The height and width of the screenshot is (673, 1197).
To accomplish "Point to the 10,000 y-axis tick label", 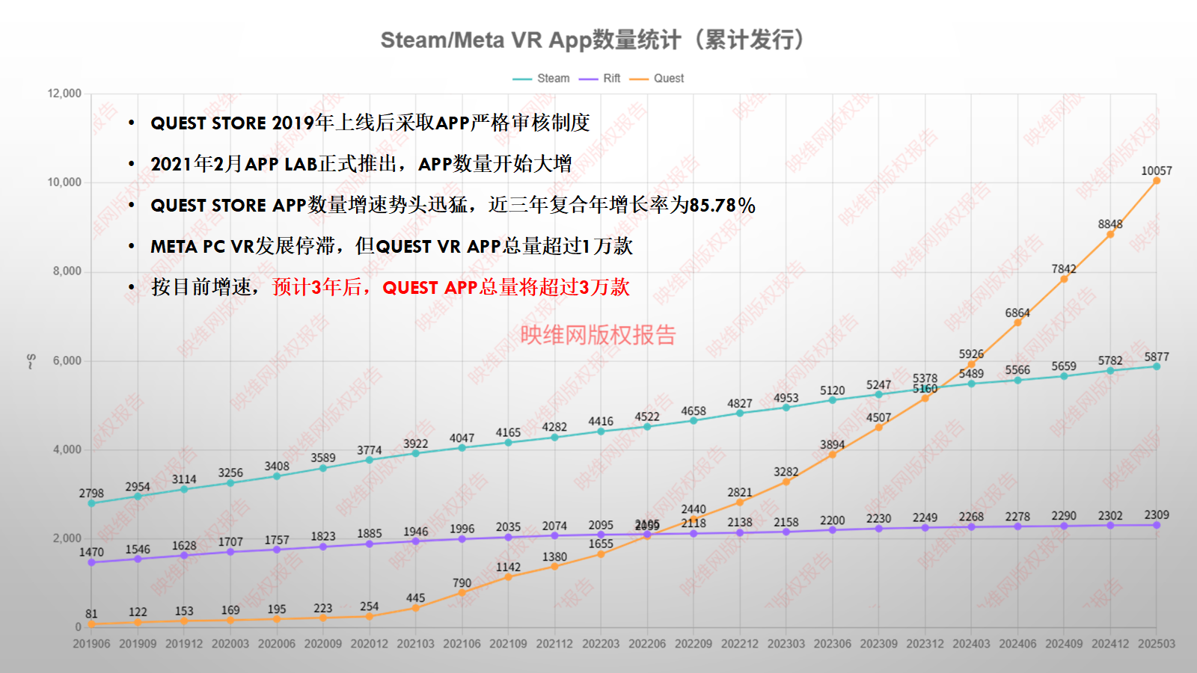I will click(x=64, y=182).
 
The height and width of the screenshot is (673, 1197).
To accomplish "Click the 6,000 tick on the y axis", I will click(x=67, y=360).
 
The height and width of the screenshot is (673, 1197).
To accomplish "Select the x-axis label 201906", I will click(x=91, y=644).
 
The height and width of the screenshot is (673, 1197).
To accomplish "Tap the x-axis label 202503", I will click(x=1156, y=644).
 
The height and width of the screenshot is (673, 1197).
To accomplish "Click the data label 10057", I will click(x=1156, y=171).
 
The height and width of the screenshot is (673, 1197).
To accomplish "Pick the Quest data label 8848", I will click(x=1109, y=224).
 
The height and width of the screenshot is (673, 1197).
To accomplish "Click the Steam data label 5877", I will click(x=1156, y=357).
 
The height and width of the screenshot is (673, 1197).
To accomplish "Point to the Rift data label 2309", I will click(x=1156, y=515).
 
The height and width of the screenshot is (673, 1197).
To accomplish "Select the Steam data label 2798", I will click(x=91, y=494).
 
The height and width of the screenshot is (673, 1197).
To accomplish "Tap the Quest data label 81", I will click(x=91, y=614).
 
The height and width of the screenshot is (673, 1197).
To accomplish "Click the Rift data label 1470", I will click(x=91, y=553).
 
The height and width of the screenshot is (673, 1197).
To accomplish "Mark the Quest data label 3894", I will click(x=832, y=445).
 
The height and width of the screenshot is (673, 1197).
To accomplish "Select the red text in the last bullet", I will click(x=450, y=287).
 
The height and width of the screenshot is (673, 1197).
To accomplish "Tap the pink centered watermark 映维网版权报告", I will click(x=598, y=335).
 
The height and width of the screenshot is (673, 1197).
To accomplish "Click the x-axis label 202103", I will click(x=415, y=644).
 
